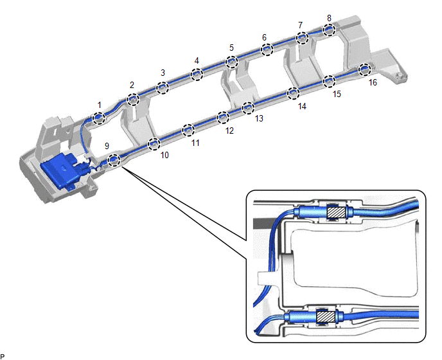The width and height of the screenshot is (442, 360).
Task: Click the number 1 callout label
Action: click(100, 104)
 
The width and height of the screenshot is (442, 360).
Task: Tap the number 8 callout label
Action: click(329, 19)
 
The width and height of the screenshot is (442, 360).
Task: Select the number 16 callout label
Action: click(373, 82)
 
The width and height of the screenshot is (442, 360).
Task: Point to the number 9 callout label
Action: click(107, 146)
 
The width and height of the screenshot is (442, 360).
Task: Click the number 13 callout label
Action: click(259, 118)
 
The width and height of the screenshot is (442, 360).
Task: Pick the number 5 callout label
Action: click(232, 48)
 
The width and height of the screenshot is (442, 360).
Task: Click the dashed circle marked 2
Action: click(133, 99)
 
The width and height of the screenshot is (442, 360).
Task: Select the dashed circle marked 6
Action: click(266, 50)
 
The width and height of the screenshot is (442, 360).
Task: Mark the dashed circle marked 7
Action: click(301, 39)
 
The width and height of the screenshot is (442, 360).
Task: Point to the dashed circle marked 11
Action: click(188, 130)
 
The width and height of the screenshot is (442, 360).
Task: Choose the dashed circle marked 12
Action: click(223, 117)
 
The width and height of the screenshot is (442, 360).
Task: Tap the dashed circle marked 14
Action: click(293, 93)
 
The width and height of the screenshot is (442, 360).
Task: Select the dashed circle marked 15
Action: click(329, 81)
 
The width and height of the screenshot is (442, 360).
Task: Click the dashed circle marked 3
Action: click(163, 87)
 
